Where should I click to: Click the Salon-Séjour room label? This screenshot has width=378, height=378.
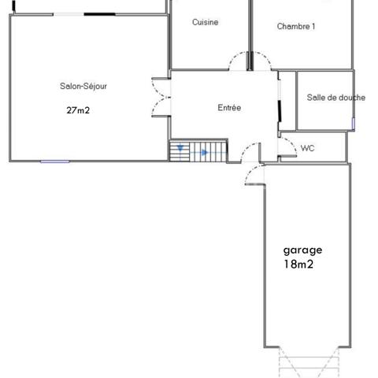tap(83, 86)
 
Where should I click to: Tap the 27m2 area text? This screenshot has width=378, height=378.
tap(78, 110)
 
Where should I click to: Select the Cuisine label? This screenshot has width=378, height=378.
tap(205, 23)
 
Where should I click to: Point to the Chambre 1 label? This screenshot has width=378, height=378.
tap(296, 27)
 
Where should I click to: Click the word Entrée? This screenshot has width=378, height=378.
tap(229, 108)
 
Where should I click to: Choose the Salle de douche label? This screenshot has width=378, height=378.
tap(335, 98)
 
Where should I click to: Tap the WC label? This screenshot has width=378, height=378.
tap(308, 148)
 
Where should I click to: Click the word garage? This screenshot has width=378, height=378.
tap(302, 250)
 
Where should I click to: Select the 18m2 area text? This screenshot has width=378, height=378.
tap(298, 265)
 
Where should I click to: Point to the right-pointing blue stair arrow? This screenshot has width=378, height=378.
tap(203, 152)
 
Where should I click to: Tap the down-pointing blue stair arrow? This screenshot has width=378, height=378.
tap(180, 148)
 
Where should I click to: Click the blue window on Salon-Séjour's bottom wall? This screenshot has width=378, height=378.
tap(55, 161)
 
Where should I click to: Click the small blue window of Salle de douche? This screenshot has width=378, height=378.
tap(354, 124)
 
